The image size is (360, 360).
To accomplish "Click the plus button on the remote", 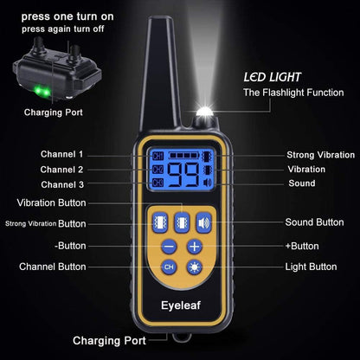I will click(195, 247).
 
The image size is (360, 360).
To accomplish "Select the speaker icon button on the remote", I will click(202, 222).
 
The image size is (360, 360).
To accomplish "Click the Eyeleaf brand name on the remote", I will click(181, 304).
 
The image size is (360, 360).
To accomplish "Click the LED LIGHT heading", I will click(272, 76).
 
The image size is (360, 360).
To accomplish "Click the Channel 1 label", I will click(62, 153).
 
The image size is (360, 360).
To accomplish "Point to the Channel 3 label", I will click(62, 184).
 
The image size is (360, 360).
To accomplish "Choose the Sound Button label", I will click(314, 222).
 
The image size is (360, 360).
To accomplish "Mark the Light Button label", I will click(311, 267).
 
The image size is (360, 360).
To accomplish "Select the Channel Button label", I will click(53, 267).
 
